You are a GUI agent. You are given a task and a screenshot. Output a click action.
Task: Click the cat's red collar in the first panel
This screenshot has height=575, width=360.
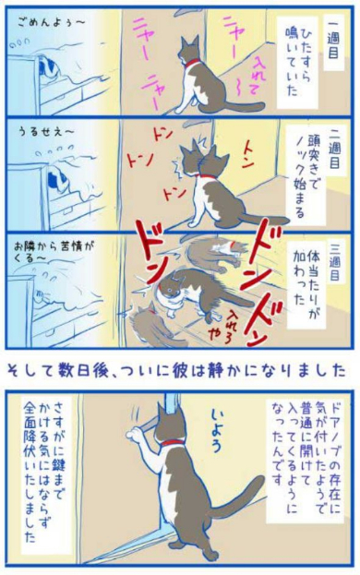(193, 65)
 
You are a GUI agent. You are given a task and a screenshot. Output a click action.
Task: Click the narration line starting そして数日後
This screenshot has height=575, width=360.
(179, 371)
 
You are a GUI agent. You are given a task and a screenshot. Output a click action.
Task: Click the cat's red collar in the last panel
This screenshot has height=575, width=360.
(173, 443)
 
